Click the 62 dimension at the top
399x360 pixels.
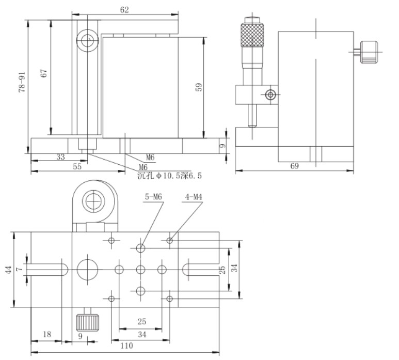point(124,10)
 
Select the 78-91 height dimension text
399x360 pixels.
point(22,82)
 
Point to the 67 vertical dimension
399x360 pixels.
point(44,73)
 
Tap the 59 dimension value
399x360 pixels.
point(199,87)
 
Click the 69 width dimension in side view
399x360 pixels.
point(294,166)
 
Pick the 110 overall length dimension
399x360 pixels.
point(127,346)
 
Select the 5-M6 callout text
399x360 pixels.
point(153,197)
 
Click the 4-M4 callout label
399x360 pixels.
point(194,197)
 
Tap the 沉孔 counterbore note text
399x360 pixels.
point(169,176)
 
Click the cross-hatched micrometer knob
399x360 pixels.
point(252,35)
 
